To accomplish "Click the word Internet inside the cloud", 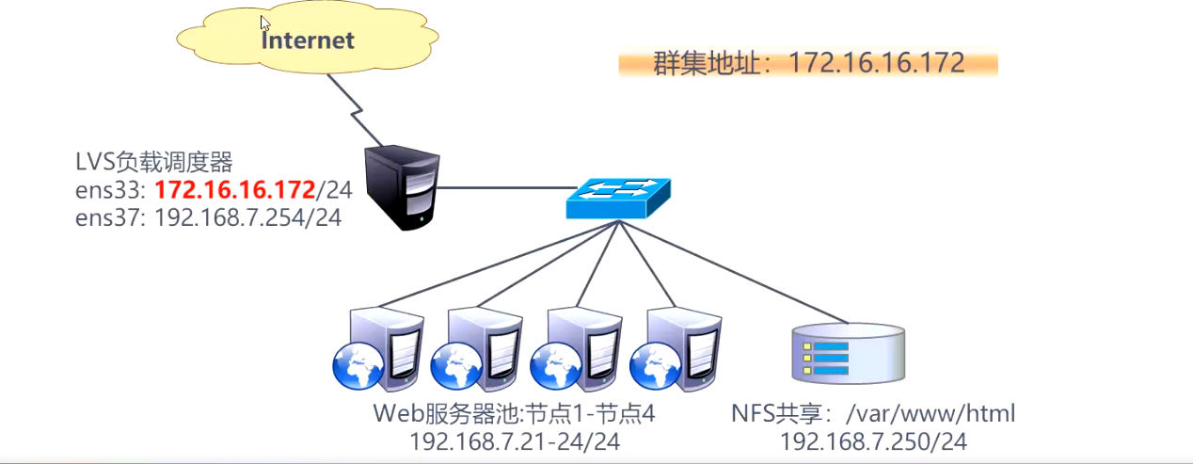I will (x=308, y=40).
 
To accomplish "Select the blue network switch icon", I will (x=618, y=197).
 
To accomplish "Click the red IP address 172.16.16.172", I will (x=233, y=189).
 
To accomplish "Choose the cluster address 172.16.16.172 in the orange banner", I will (x=876, y=63).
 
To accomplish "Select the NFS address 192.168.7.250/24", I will (x=874, y=440).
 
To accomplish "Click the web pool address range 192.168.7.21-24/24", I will (x=516, y=440).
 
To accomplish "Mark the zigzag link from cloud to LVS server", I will (x=353, y=111).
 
